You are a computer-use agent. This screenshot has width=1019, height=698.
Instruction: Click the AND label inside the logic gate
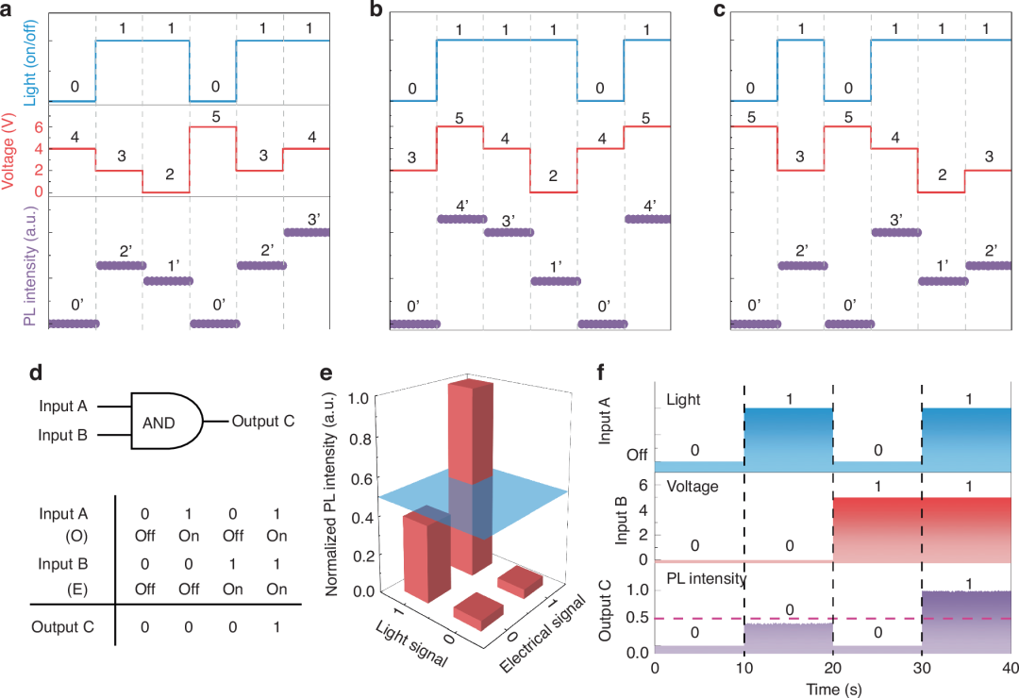159,424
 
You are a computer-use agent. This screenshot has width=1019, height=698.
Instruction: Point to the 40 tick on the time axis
1009,668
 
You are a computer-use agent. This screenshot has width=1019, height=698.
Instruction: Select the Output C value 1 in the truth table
273,625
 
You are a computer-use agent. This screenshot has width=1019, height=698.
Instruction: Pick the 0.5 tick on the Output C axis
638,619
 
